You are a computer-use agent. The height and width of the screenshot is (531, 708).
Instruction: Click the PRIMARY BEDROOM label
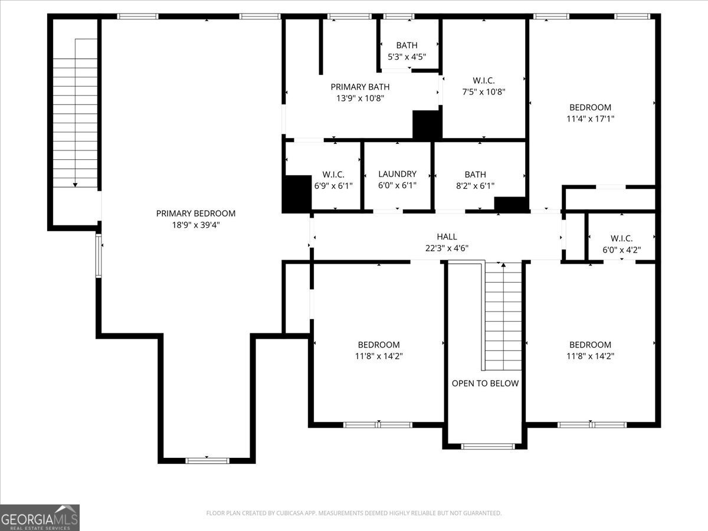pyautogui.click(x=196, y=214)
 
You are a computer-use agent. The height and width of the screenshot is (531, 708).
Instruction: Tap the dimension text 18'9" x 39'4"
pyautogui.click(x=196, y=225)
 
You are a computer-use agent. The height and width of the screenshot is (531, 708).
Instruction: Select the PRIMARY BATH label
pyautogui.click(x=360, y=87)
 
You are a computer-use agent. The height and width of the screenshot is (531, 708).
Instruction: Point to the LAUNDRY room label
pyautogui.click(x=398, y=174)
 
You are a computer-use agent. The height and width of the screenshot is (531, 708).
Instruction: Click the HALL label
pyautogui.click(x=447, y=237)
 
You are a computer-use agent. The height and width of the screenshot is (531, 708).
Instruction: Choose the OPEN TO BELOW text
pyautogui.click(x=485, y=383)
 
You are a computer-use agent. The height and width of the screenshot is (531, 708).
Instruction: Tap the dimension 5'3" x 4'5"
pyautogui.click(x=407, y=57)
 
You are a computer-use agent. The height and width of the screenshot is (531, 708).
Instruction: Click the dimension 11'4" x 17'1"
pyautogui.click(x=590, y=119)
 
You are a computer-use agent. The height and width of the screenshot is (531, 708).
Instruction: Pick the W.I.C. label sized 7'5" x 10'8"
pyautogui.click(x=483, y=80)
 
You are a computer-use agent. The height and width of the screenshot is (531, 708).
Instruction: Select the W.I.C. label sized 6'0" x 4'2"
pyautogui.click(x=621, y=238)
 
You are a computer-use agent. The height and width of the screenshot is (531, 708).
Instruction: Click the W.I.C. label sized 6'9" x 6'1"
pyautogui.click(x=333, y=175)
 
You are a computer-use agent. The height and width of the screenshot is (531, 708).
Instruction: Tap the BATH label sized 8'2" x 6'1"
pyautogui.click(x=475, y=175)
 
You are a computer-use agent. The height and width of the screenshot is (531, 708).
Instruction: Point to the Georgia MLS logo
pyautogui.click(x=40, y=517)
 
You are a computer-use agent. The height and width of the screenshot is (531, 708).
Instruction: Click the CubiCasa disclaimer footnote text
pyautogui.click(x=354, y=513)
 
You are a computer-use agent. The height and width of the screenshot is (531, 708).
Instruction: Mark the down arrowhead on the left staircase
pyautogui.click(x=75, y=185)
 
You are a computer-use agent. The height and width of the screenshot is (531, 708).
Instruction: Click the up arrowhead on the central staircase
pyautogui.click(x=503, y=265)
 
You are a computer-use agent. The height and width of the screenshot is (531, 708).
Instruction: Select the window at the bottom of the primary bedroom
pyautogui.click(x=207, y=461)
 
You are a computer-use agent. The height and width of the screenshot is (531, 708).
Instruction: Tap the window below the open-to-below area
pyautogui.click(x=488, y=446)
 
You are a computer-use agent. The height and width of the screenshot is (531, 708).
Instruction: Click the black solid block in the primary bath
pyautogui.click(x=427, y=124)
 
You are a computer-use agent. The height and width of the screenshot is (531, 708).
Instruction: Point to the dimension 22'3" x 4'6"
pyautogui.click(x=447, y=248)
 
